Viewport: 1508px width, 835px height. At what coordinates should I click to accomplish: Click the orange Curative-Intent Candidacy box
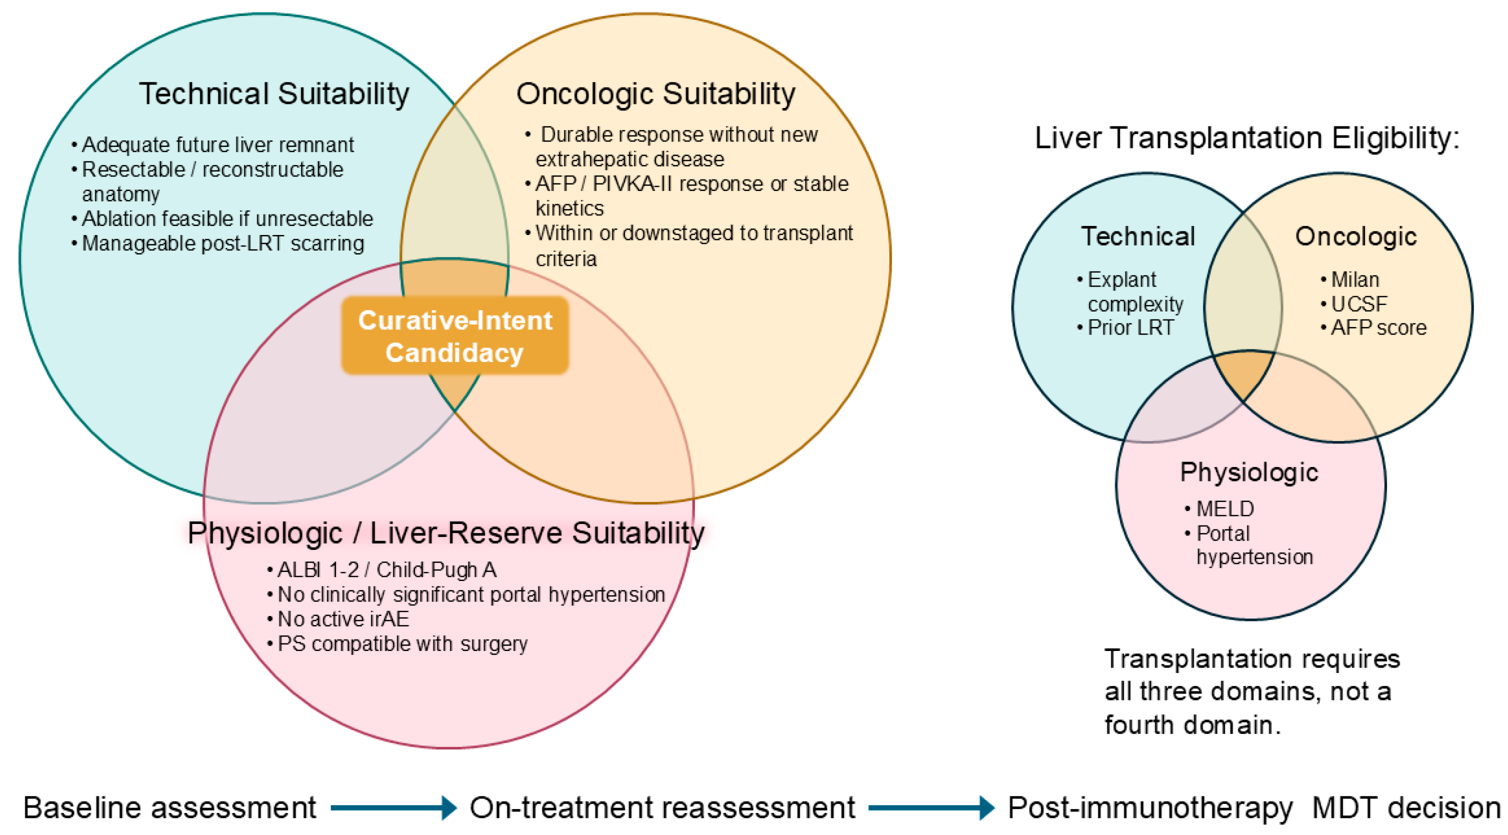(455, 335)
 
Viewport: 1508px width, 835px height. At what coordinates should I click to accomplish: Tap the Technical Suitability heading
(274, 93)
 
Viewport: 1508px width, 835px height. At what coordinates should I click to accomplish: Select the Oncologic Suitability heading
(655, 93)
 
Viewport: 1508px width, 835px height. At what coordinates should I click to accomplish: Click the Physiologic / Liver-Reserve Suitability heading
(446, 533)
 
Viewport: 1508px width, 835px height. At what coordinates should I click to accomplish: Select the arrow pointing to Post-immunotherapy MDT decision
(931, 808)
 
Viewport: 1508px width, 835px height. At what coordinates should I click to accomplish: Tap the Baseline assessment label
(170, 808)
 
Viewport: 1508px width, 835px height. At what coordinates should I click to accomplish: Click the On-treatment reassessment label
(662, 808)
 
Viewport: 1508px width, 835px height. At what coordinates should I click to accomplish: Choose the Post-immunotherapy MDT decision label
(1254, 808)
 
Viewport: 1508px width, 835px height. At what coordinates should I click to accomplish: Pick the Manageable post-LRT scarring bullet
(218, 243)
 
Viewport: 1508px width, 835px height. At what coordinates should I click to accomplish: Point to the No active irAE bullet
(338, 619)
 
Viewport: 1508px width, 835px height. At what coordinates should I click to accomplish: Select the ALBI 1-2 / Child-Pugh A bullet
(381, 569)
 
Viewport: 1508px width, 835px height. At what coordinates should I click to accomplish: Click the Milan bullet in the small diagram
(1350, 279)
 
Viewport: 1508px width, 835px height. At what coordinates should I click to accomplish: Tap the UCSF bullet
(1354, 304)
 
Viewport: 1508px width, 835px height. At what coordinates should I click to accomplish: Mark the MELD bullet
(1219, 509)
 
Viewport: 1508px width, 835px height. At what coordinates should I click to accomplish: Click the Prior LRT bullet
(1125, 327)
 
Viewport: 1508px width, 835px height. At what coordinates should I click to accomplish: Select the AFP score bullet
(1373, 327)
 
